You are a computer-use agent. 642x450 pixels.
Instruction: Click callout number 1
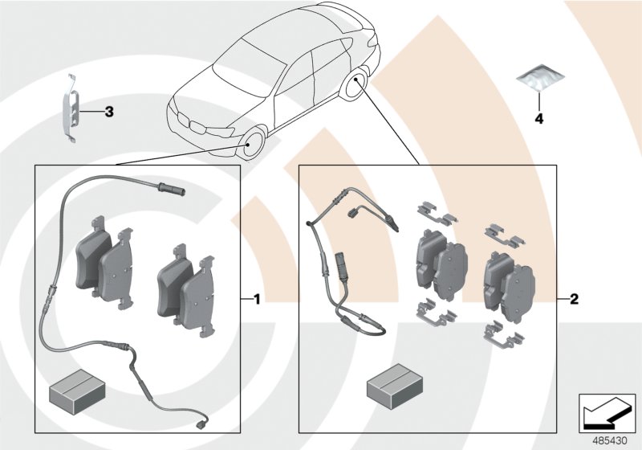[256, 300]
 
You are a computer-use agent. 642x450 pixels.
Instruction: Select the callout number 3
[109, 112]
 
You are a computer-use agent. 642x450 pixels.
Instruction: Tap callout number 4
[539, 119]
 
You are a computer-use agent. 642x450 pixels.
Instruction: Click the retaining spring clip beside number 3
[71, 110]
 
